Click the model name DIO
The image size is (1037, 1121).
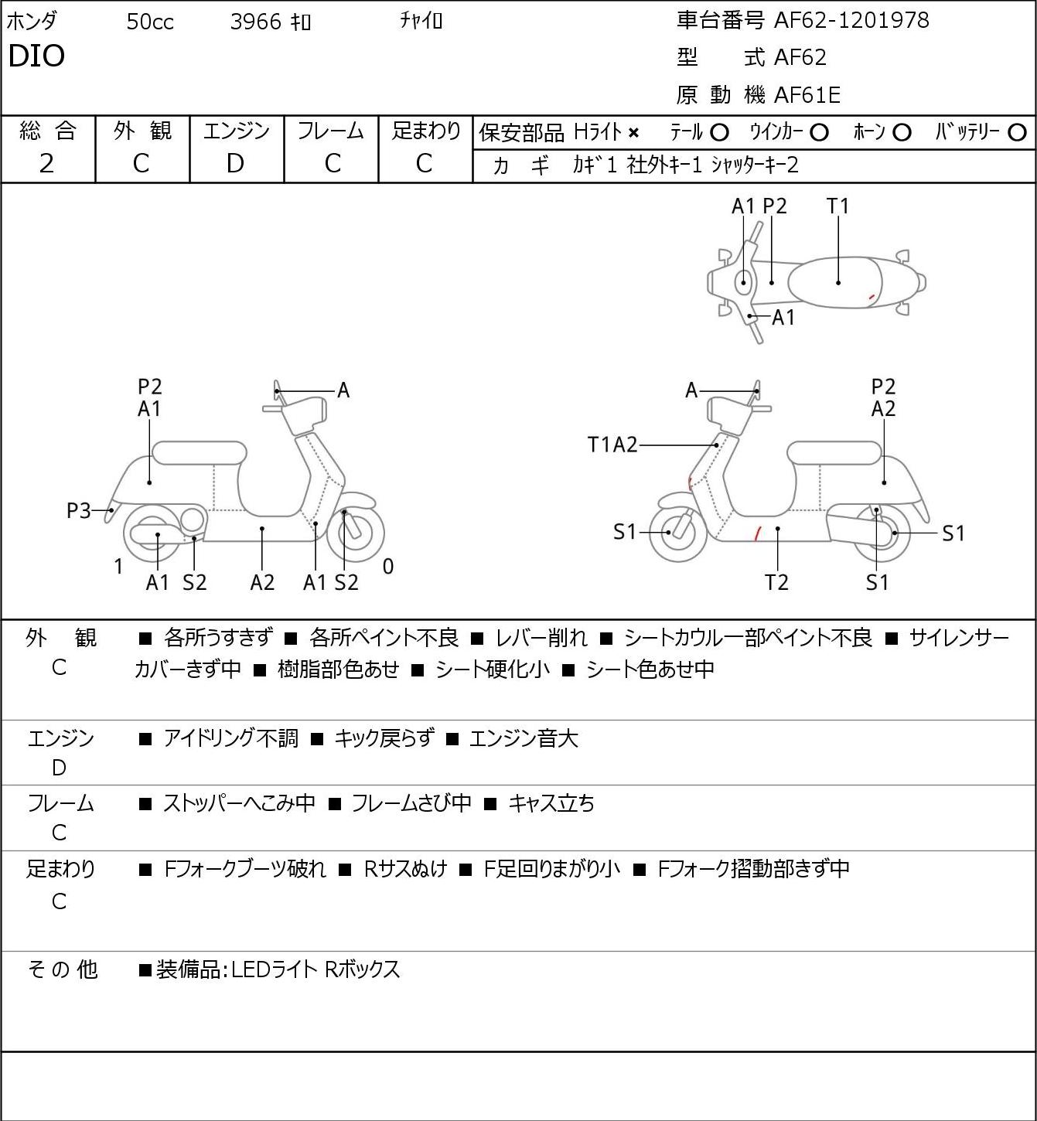pyautogui.click(x=36, y=56)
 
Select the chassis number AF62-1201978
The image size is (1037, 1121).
pyautogui.click(x=851, y=21)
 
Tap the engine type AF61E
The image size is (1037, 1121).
pyautogui.click(x=807, y=95)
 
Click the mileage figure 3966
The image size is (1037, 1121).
pyautogui.click(x=255, y=22)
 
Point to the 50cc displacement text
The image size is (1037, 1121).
pyautogui.click(x=150, y=22)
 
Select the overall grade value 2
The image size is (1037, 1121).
pyautogui.click(x=47, y=164)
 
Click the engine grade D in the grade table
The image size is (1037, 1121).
pyautogui.click(x=236, y=164)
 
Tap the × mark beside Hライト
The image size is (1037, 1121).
pyautogui.click(x=634, y=133)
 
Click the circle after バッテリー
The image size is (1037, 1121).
pyautogui.click(x=1017, y=133)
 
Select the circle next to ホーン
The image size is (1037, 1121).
pyautogui.click(x=902, y=133)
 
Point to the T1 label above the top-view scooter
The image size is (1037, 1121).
pyautogui.click(x=837, y=206)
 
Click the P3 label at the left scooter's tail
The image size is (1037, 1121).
pyautogui.click(x=79, y=511)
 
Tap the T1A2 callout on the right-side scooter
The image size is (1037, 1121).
pyautogui.click(x=612, y=445)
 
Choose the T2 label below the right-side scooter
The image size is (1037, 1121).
pyautogui.click(x=776, y=582)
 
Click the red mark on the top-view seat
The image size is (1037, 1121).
pyautogui.click(x=872, y=296)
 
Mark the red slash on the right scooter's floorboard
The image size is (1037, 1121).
pyautogui.click(x=757, y=533)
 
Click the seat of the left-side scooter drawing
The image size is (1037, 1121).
pyautogui.click(x=200, y=453)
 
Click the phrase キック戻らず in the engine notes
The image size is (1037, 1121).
pyautogui.click(x=384, y=738)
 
